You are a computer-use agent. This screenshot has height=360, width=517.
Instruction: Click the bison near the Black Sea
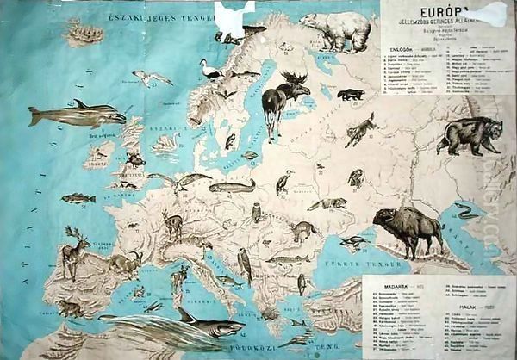(408, 227)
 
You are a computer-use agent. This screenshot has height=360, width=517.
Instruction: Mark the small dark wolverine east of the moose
(350, 94)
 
